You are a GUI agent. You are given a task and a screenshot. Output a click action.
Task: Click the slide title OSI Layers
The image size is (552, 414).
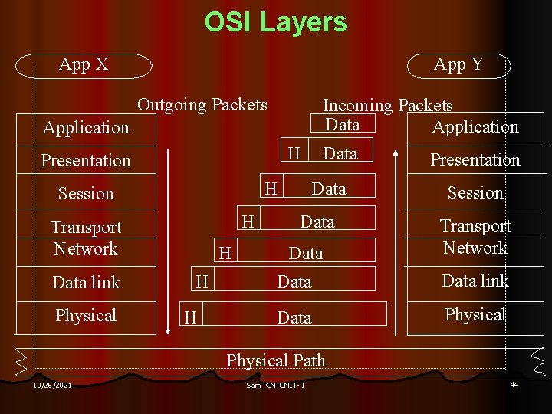(275, 22)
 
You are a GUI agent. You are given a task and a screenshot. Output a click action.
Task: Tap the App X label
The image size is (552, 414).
(84, 64)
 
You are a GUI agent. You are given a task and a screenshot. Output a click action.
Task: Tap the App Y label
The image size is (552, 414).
(458, 64)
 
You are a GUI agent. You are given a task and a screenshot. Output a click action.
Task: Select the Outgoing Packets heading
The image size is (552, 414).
(202, 104)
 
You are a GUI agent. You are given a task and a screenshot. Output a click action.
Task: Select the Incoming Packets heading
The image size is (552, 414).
(388, 106)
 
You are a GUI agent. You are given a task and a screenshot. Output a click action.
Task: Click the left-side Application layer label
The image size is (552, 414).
(86, 127)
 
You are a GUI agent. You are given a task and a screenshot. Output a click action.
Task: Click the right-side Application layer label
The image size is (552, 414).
(475, 127)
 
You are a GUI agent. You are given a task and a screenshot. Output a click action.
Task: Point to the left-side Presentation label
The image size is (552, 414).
(86, 160)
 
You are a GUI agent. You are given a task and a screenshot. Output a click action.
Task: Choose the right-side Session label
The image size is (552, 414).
(475, 193)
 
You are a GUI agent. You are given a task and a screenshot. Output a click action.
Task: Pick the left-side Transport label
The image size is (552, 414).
(86, 227)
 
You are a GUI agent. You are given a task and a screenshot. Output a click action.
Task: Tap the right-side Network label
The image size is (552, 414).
(475, 248)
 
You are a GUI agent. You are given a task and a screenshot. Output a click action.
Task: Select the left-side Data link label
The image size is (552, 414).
(86, 282)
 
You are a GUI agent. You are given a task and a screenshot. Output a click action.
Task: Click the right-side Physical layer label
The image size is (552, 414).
(475, 314)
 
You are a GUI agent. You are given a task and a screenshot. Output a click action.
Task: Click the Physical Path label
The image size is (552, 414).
(276, 360)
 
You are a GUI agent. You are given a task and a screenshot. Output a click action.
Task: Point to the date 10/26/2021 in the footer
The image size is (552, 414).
(53, 385)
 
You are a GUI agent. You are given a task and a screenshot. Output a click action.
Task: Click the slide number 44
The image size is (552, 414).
(514, 384)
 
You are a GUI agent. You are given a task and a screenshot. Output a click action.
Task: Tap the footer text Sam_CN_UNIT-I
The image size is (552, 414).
(276, 385)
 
